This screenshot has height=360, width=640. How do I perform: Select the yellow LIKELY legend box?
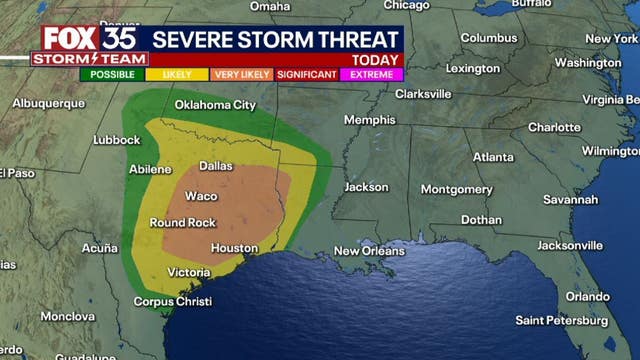tap(177, 74)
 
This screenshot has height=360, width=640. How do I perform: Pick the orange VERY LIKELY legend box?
tap(241, 74)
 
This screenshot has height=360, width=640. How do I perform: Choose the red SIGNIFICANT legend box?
tap(306, 74)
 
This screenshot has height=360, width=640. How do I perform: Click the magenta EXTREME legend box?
tap(371, 74)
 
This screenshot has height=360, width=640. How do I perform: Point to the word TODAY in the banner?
tap(375, 59)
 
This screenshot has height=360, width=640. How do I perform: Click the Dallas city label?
tap(216, 166)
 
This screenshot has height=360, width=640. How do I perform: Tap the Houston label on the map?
tap(235, 248)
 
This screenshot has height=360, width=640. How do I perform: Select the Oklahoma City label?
tap(215, 104)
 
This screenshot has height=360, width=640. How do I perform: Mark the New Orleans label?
tap(369, 250)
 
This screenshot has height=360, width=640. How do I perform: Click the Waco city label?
tap(201, 195)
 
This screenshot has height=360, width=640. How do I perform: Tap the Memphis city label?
tap(369, 120)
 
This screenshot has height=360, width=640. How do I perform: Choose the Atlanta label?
tap(493, 157)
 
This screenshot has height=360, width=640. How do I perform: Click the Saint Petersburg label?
tap(561, 321)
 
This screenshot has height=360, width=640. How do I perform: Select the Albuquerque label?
tap(49, 103)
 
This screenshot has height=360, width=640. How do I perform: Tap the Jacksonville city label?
tap(570, 245)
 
